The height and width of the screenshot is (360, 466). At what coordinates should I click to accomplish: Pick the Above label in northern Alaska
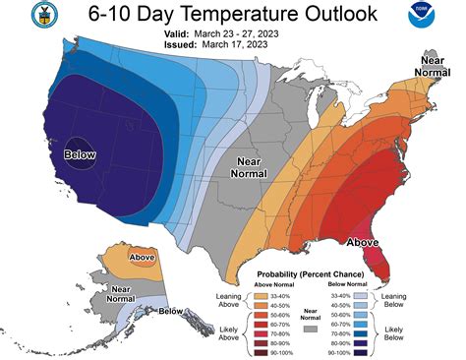point(143,259)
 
